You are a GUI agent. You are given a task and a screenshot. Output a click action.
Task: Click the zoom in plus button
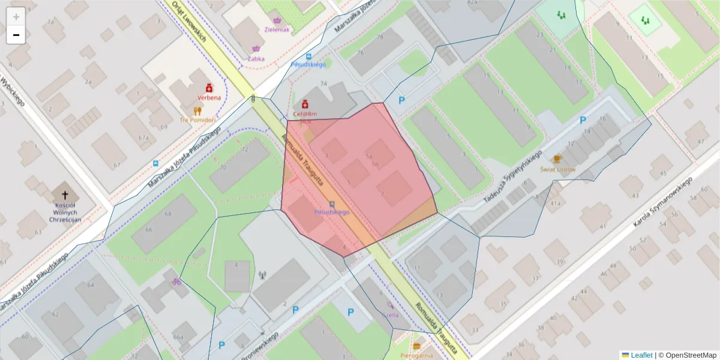pyautogui.click(x=16, y=16)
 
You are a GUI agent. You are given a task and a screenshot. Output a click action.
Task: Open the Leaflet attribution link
pyautogui.click(x=641, y=355)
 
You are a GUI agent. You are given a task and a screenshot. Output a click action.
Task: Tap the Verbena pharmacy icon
pyautogui.click(x=209, y=88)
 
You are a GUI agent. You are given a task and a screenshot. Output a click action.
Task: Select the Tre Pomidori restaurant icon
pyautogui.click(x=197, y=110)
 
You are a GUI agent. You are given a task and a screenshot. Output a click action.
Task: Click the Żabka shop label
pyautogui.click(x=256, y=59)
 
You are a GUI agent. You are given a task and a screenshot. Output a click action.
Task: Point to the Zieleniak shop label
pyautogui.click(x=277, y=29)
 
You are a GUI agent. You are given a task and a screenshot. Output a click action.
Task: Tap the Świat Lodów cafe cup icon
pyautogui.click(x=557, y=159)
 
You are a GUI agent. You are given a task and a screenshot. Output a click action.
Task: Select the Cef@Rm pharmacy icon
pyautogui.click(x=305, y=104)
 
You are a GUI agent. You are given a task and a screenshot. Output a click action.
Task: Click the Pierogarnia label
pyautogui.click(x=416, y=355)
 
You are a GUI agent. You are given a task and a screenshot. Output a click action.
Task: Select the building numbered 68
pyautogui.click(x=169, y=214)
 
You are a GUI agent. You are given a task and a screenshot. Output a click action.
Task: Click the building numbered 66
pyautogui.click(x=148, y=230)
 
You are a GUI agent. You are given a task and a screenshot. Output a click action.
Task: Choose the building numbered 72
pyautogui.click(x=245, y=149)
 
